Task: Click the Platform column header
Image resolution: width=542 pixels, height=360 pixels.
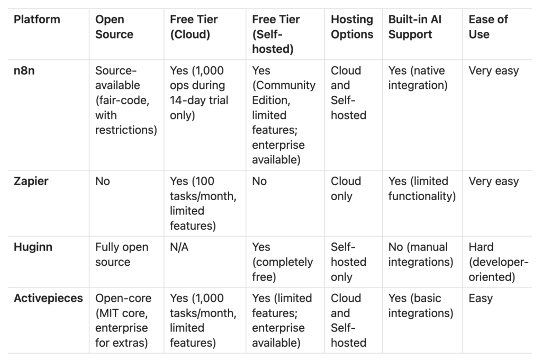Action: click(x=37, y=20)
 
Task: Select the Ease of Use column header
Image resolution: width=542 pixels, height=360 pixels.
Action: click(x=488, y=27)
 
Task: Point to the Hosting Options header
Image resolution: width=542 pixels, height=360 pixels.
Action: click(x=352, y=27)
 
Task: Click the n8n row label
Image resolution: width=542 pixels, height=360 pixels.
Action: click(x=24, y=71)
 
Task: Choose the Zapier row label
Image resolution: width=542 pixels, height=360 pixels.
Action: click(x=31, y=181)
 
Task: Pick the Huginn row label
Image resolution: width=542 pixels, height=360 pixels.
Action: click(x=33, y=247)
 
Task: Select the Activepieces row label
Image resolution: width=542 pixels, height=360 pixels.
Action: click(x=48, y=298)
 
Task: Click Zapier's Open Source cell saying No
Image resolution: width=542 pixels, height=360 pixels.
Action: click(x=103, y=181)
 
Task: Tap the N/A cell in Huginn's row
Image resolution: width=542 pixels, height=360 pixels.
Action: click(x=179, y=247)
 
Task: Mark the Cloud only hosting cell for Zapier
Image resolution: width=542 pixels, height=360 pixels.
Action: click(x=346, y=188)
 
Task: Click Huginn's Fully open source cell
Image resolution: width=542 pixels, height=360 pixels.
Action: click(x=122, y=255)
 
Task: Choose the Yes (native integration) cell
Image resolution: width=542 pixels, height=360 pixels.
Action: click(x=418, y=78)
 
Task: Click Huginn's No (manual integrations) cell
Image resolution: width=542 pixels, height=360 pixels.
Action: click(x=420, y=255)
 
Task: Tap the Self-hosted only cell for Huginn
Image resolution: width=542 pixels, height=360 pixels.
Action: click(x=348, y=262)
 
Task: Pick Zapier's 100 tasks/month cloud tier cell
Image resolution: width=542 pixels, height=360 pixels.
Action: click(x=203, y=203)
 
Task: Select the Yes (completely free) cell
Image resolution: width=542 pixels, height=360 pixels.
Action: click(x=282, y=262)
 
